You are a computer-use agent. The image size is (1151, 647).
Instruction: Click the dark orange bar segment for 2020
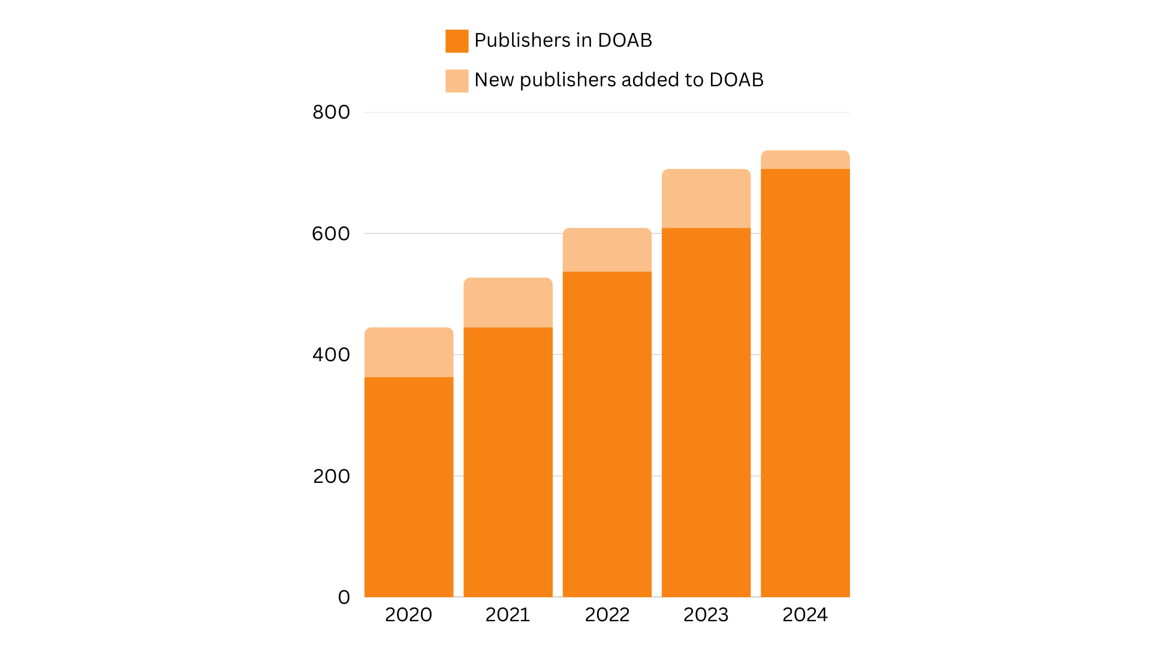409,486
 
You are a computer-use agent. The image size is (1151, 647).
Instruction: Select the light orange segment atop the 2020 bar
409,352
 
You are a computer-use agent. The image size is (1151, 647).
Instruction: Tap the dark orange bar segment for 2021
508,462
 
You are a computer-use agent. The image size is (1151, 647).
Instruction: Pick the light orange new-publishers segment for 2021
508,303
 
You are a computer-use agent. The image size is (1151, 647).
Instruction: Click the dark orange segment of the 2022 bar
607,434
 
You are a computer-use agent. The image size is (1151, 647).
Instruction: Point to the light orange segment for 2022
607,250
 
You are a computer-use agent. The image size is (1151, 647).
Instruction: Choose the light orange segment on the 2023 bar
706,198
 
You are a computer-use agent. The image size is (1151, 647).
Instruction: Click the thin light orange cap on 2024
805,160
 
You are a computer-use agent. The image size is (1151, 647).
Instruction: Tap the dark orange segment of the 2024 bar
805,383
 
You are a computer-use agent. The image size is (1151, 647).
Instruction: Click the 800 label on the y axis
331,112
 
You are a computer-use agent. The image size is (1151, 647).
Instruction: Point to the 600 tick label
331,234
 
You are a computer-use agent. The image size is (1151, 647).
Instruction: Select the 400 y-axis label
331,355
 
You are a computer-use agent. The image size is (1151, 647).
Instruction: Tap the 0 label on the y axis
344,597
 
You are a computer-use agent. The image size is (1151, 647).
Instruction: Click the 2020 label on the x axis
408,615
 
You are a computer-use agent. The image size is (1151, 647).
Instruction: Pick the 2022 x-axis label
607,615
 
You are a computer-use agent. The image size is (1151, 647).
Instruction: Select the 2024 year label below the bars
805,615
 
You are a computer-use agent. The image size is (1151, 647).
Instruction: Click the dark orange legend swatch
457,41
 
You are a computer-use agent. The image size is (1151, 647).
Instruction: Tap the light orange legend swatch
457,81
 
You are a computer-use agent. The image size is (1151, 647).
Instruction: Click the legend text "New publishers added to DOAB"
619,80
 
